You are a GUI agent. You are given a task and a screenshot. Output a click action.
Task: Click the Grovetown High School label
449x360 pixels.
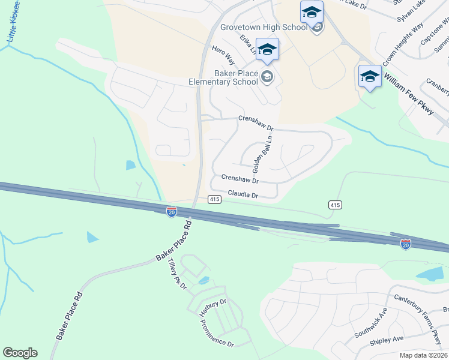click(264, 28)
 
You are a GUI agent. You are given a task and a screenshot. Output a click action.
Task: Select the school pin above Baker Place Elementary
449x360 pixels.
click(267, 50)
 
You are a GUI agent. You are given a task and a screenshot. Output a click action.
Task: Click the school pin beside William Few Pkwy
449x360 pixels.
click(370, 77)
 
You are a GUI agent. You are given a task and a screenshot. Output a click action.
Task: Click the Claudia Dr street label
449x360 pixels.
click(243, 195)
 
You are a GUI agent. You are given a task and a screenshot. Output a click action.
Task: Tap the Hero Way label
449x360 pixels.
click(222, 53)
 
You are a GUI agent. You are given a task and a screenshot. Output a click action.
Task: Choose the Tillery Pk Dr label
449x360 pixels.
click(178, 274)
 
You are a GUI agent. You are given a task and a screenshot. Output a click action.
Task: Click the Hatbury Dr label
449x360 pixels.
click(212, 306)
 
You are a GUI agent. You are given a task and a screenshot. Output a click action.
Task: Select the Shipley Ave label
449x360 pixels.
click(387, 340)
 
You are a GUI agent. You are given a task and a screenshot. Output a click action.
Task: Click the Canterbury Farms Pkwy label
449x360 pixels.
click(418, 305)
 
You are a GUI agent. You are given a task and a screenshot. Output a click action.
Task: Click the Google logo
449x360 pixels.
click(20, 353)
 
